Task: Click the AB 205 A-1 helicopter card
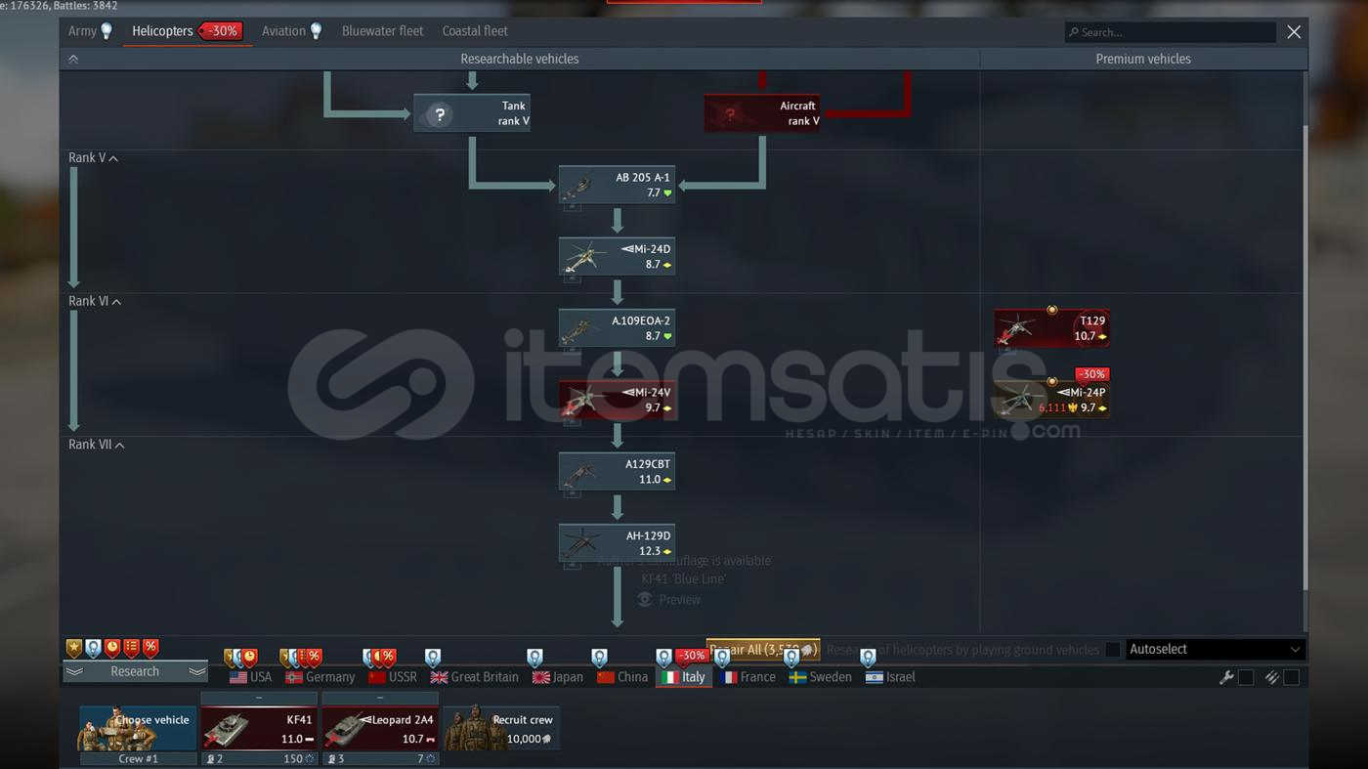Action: (617, 185)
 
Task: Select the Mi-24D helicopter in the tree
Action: (617, 257)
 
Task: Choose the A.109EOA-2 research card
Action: (617, 328)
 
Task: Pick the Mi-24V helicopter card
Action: (617, 400)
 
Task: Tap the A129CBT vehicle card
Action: (617, 472)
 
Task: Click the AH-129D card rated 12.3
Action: (617, 543)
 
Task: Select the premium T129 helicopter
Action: (1051, 328)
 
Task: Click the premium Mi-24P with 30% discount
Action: (1051, 400)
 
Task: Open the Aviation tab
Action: (284, 31)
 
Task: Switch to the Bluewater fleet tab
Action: (382, 31)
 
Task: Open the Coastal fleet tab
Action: (475, 31)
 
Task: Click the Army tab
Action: (82, 31)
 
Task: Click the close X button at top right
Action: (1294, 32)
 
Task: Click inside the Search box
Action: (1173, 32)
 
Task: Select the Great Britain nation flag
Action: (475, 677)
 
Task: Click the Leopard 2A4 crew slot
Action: (380, 729)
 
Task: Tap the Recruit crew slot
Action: (501, 729)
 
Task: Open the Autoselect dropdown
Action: (1215, 650)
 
